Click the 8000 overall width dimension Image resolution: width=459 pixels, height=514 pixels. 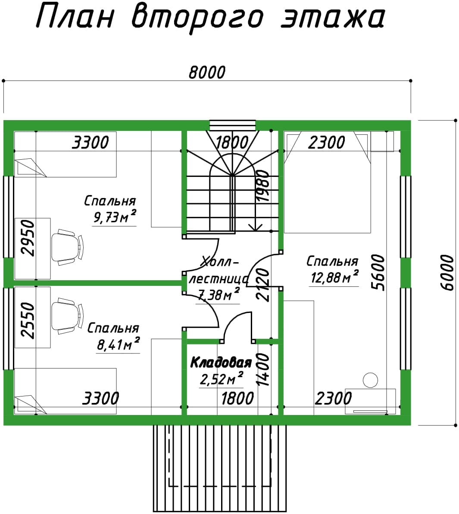(207, 72)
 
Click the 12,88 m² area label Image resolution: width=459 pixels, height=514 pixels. (334, 277)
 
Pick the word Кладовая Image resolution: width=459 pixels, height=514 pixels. (221, 362)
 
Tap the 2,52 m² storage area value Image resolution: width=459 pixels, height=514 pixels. (222, 379)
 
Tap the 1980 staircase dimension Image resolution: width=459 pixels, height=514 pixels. (263, 186)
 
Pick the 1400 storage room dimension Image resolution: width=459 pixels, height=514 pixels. (263, 369)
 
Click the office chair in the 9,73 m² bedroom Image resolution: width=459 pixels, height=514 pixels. (68, 247)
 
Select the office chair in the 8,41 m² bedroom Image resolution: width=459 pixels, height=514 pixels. (68, 316)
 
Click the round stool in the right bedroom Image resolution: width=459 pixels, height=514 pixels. (370, 380)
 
